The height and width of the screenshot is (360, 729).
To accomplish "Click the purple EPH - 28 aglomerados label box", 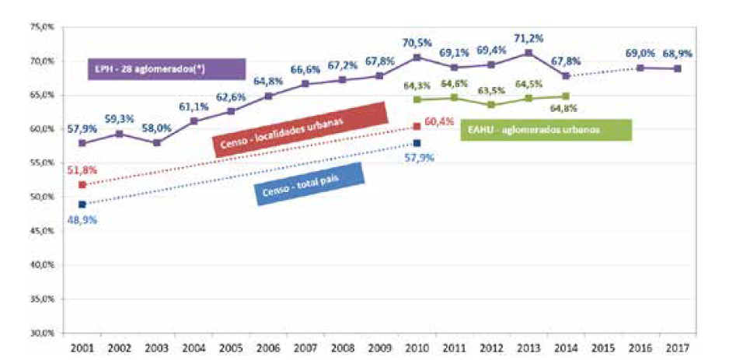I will [165, 69].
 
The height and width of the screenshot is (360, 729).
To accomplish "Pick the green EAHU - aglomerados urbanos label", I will [545, 130].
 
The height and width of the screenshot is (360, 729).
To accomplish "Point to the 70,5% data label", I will [417, 43].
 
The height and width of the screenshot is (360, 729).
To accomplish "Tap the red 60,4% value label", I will [439, 123].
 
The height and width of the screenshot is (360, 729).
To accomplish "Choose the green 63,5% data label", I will [492, 89].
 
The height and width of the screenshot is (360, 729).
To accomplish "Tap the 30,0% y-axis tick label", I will [41, 333].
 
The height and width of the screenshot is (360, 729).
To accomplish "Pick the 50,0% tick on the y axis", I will [41, 197].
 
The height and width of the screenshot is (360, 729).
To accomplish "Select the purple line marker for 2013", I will [528, 53].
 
